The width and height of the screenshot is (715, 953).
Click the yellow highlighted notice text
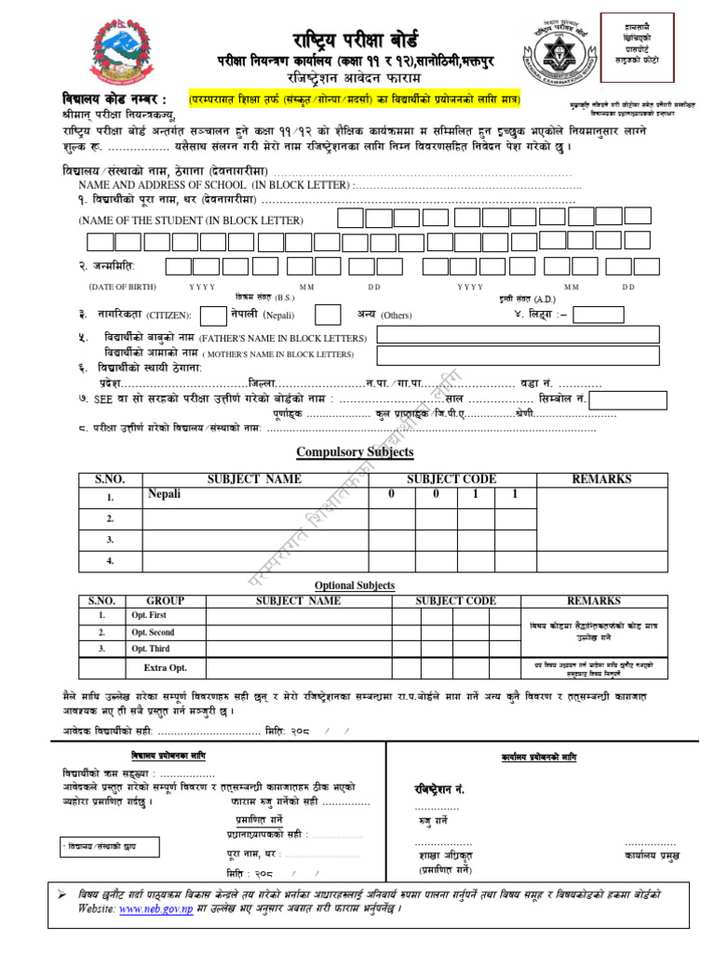tap(354, 99)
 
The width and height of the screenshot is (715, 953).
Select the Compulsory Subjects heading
tap(354, 452)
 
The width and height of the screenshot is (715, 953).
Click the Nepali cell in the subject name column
tap(164, 494)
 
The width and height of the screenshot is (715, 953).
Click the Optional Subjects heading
tap(354, 585)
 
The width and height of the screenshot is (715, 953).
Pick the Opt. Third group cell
tap(153, 649)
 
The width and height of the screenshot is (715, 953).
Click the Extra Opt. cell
tap(165, 668)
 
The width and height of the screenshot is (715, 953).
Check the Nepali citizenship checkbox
tap(213, 315)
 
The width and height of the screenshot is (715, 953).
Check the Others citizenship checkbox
tap(328, 315)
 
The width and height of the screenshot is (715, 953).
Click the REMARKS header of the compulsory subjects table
tap(601, 478)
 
